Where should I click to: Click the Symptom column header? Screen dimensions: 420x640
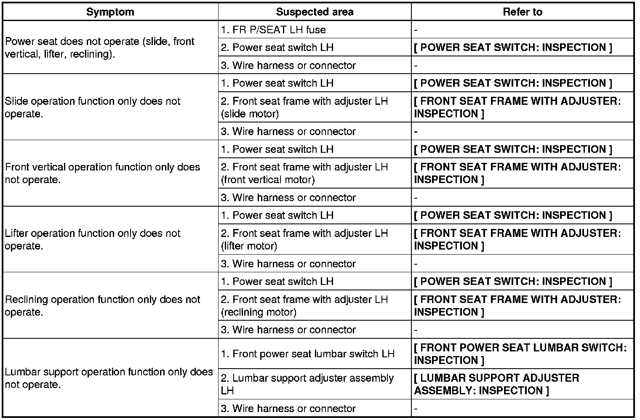[x=110, y=12]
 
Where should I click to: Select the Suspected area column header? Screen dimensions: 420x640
[x=315, y=12]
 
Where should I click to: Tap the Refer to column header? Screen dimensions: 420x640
[x=523, y=12]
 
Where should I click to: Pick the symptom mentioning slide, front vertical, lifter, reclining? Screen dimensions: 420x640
[x=99, y=48]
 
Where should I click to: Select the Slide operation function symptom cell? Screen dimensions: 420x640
[x=93, y=107]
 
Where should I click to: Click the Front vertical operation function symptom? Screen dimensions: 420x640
[x=102, y=173]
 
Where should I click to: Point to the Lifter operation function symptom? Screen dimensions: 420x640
[x=93, y=239]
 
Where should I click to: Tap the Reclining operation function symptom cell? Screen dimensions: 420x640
[x=102, y=306]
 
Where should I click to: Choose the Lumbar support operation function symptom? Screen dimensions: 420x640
[x=109, y=378]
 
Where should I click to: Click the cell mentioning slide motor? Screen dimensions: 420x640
[x=304, y=107]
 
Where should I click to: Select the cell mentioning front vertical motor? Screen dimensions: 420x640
[x=304, y=173]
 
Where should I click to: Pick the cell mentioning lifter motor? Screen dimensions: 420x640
[x=304, y=239]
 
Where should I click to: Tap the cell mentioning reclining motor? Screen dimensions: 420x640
[x=304, y=306]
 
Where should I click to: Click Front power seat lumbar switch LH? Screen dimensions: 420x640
[x=307, y=354]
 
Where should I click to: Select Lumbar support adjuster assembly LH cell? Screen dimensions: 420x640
[x=307, y=384]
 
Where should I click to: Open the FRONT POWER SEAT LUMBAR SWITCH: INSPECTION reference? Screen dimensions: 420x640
[x=520, y=354]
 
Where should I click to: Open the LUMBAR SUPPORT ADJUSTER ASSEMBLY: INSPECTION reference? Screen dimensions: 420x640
[x=496, y=384]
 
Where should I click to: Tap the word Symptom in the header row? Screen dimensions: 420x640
[x=110, y=12]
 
